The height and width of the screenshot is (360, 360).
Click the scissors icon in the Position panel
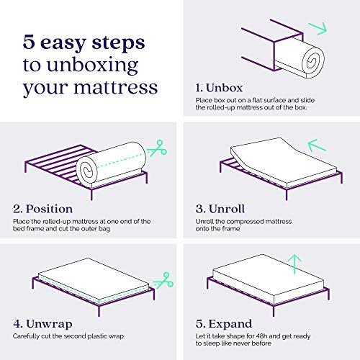pos(153,153)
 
